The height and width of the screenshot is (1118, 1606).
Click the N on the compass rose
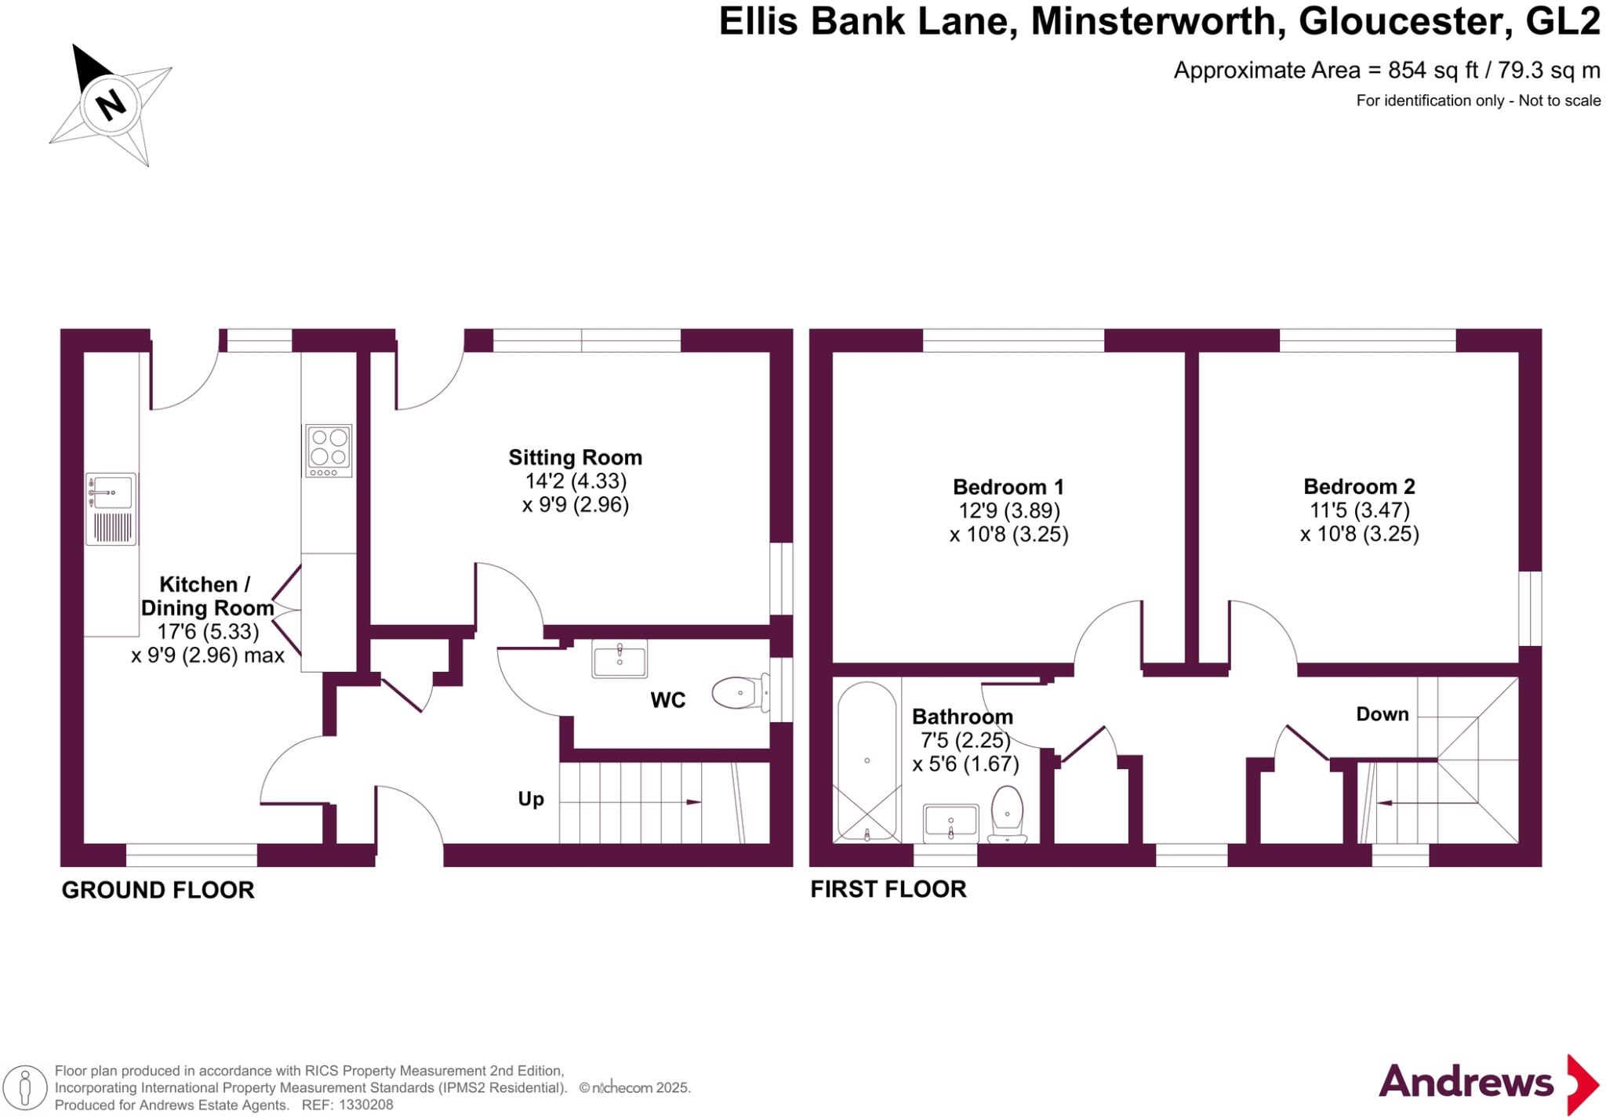pos(111,103)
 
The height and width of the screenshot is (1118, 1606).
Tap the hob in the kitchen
pos(329,451)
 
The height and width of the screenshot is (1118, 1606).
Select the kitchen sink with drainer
pos(111,508)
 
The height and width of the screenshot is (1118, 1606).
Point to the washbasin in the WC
pos(620,659)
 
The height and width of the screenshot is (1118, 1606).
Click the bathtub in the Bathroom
pos(867,761)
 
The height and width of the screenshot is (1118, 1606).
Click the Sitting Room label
pos(575,458)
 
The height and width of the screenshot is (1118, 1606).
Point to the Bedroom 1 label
pos(1008,487)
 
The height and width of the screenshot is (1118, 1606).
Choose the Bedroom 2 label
pos(1359,486)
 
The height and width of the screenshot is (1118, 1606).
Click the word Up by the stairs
pos(531,799)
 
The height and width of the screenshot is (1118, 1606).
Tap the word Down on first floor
pos(1383,714)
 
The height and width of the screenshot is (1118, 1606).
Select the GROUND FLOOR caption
pos(158,890)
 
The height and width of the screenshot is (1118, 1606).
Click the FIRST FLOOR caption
pos(888,889)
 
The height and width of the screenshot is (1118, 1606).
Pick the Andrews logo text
pos(1466,1083)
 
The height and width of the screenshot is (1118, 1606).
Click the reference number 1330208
pos(364,1105)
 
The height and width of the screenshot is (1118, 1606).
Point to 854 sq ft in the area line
pos(1433,71)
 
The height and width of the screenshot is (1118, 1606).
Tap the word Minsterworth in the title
pos(1157,22)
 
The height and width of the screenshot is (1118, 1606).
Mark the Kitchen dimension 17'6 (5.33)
pos(207,631)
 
